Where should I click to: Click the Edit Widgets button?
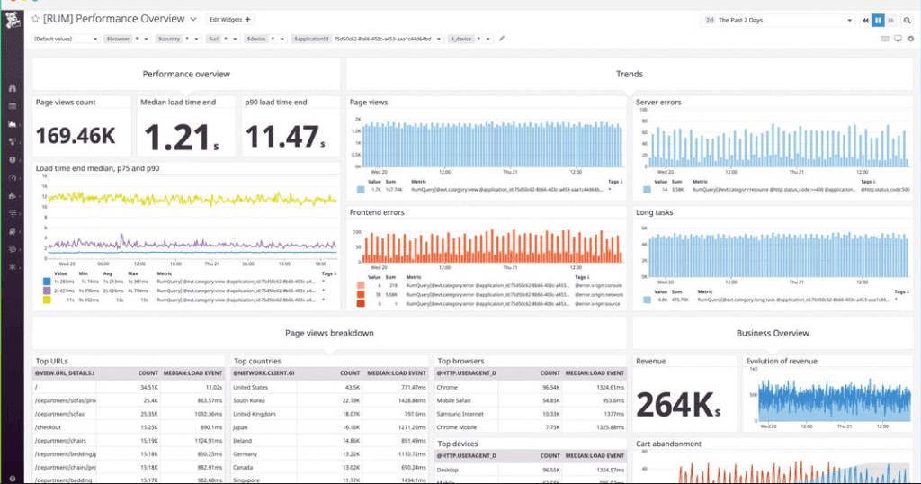click(230, 19)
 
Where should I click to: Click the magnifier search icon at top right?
click(907, 20)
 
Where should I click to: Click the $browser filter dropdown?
click(127, 39)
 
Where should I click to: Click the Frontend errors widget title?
click(377, 212)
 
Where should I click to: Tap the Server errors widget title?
click(658, 103)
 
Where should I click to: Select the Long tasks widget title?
click(655, 212)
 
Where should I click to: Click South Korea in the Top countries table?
click(253, 400)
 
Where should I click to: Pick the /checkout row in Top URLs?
click(49, 428)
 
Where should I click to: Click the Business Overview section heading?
click(773, 333)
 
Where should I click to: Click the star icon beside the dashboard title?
click(35, 19)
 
